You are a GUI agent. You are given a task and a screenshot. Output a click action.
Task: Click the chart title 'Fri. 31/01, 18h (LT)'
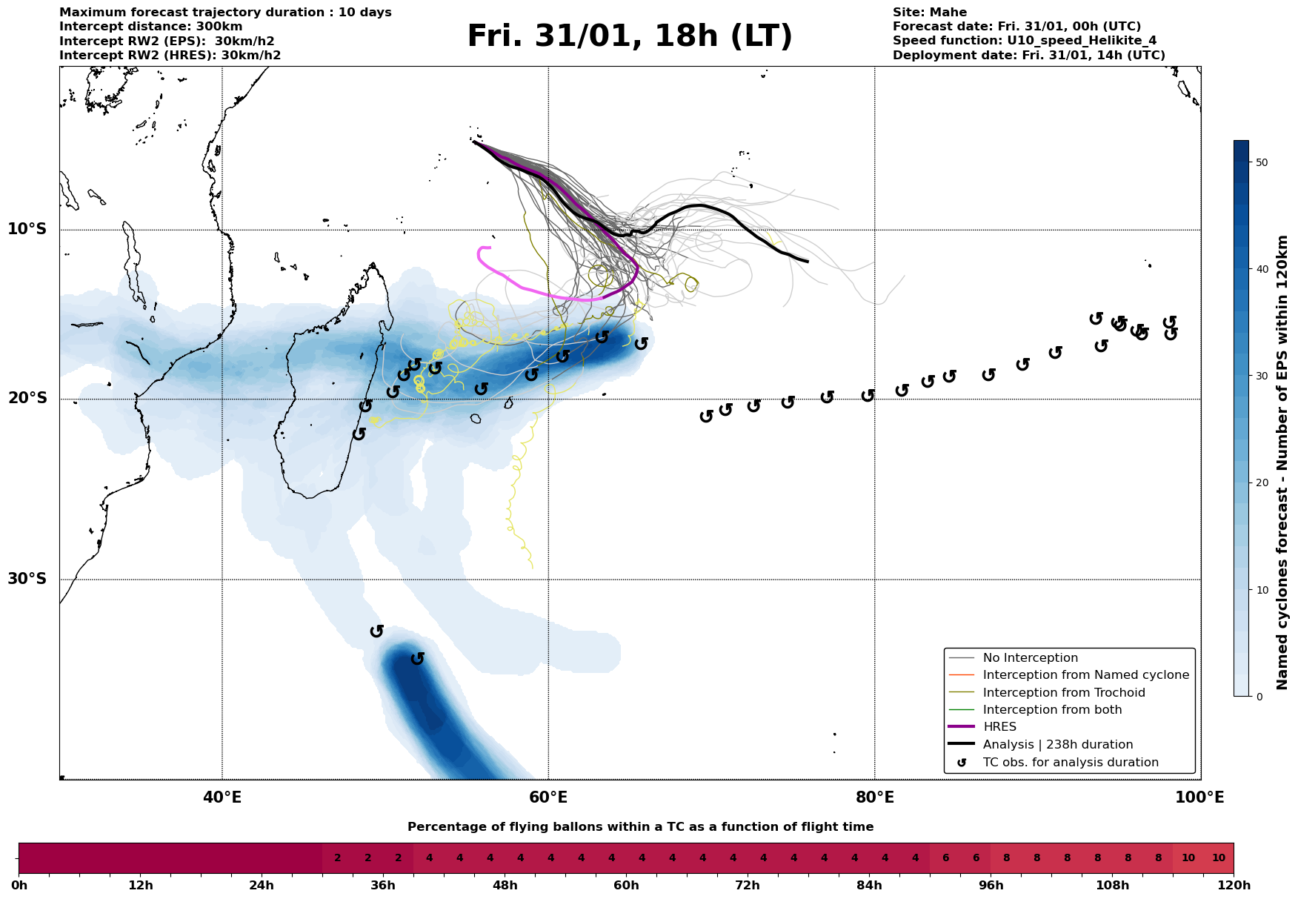[630, 36]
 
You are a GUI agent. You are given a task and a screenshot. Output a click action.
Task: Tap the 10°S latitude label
[27, 229]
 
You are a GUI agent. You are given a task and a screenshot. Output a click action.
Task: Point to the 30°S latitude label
[27, 579]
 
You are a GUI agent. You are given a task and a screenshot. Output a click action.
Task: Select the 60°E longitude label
[548, 797]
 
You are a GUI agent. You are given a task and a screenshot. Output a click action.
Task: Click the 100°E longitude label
[1200, 797]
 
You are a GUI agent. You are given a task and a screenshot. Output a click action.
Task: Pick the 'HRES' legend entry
[999, 727]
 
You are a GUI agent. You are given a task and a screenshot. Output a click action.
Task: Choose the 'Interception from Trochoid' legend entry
[1063, 693]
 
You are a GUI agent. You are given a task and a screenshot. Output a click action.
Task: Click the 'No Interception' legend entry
[1030, 658]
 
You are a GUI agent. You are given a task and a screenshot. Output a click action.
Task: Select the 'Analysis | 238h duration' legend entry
[1057, 745]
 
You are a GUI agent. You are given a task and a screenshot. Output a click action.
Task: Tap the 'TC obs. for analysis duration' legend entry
[1070, 763]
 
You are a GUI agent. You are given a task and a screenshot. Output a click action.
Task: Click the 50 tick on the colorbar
[1262, 162]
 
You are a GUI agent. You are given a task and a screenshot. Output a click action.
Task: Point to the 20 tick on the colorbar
[1262, 483]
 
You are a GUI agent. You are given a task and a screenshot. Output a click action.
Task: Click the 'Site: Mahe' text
[929, 13]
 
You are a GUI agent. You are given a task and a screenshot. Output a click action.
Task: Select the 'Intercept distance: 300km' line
[150, 27]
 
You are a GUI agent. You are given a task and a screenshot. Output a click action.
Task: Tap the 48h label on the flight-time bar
[505, 886]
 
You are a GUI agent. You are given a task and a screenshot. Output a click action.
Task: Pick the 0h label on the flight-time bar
[19, 886]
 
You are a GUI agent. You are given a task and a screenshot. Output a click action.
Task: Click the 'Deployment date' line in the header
[1028, 56]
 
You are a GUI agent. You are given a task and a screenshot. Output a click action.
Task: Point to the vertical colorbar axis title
[1283, 462]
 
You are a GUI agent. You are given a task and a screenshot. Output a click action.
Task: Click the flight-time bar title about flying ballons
[640, 827]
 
